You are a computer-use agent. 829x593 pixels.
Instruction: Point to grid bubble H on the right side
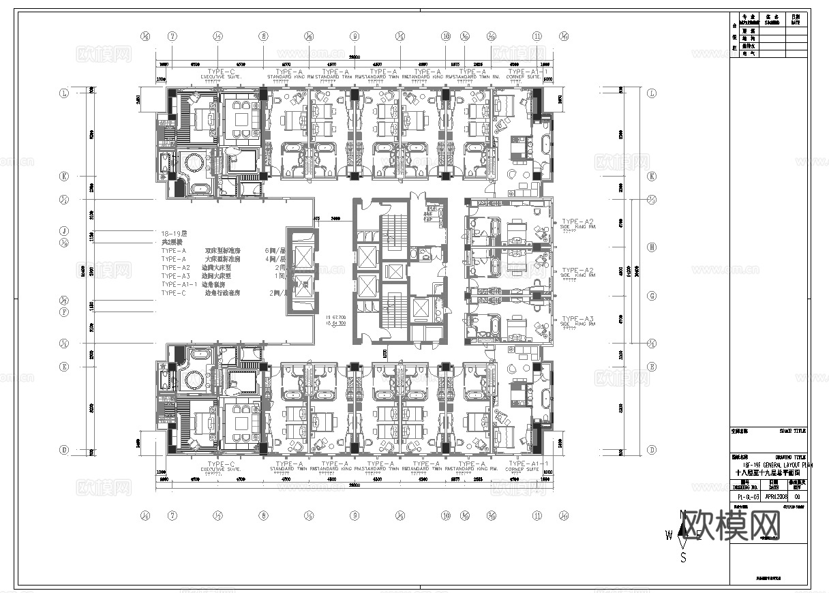coord(652,247)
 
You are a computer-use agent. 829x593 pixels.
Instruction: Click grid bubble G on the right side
coord(652,296)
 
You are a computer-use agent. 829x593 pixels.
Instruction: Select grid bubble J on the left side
coord(64,230)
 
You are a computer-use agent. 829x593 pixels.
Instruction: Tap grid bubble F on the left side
coord(64,312)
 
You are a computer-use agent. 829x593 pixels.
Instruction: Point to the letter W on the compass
coord(669,535)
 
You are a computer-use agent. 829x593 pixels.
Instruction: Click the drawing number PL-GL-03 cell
coord(747,498)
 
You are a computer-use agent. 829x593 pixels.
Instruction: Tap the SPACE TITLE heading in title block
coord(792,431)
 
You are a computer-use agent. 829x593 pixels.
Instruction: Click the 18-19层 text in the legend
coord(174,233)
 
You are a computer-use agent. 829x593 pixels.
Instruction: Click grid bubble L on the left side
coord(64,93)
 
